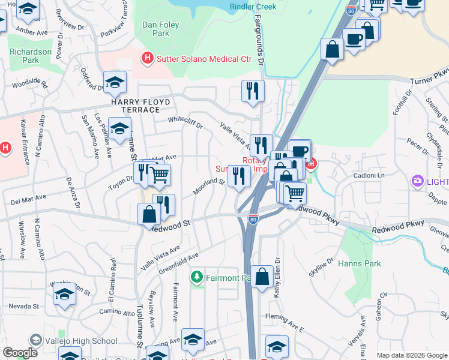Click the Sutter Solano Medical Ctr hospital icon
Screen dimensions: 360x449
pyautogui.click(x=146, y=59)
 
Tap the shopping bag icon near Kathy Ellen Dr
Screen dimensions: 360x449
pyautogui.click(x=262, y=277)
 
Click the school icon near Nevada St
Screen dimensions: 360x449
pyautogui.click(x=64, y=294)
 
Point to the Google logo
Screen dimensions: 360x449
pyautogui.click(x=20, y=353)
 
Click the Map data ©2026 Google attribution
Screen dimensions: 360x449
pyautogui.click(x=412, y=355)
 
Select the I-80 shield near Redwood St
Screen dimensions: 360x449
pyautogui.click(x=253, y=220)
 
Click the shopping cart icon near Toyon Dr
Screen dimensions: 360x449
pyautogui.click(x=159, y=175)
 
